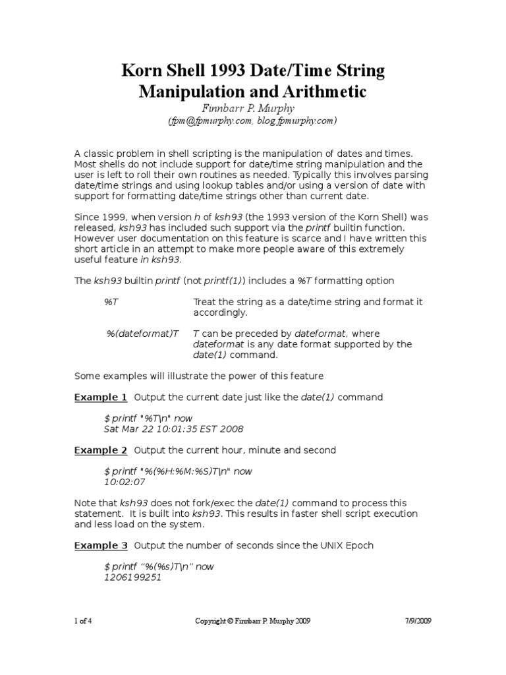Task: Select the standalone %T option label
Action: click(x=111, y=301)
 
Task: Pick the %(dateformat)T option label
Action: click(x=143, y=334)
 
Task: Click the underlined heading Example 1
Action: click(x=101, y=397)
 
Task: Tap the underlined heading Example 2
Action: click(x=101, y=450)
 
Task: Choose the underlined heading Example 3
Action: click(x=101, y=545)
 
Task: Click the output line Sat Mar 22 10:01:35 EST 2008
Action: click(x=174, y=429)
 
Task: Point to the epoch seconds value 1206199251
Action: click(x=132, y=577)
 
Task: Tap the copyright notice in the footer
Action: click(x=253, y=621)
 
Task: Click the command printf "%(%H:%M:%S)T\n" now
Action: click(x=178, y=471)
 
